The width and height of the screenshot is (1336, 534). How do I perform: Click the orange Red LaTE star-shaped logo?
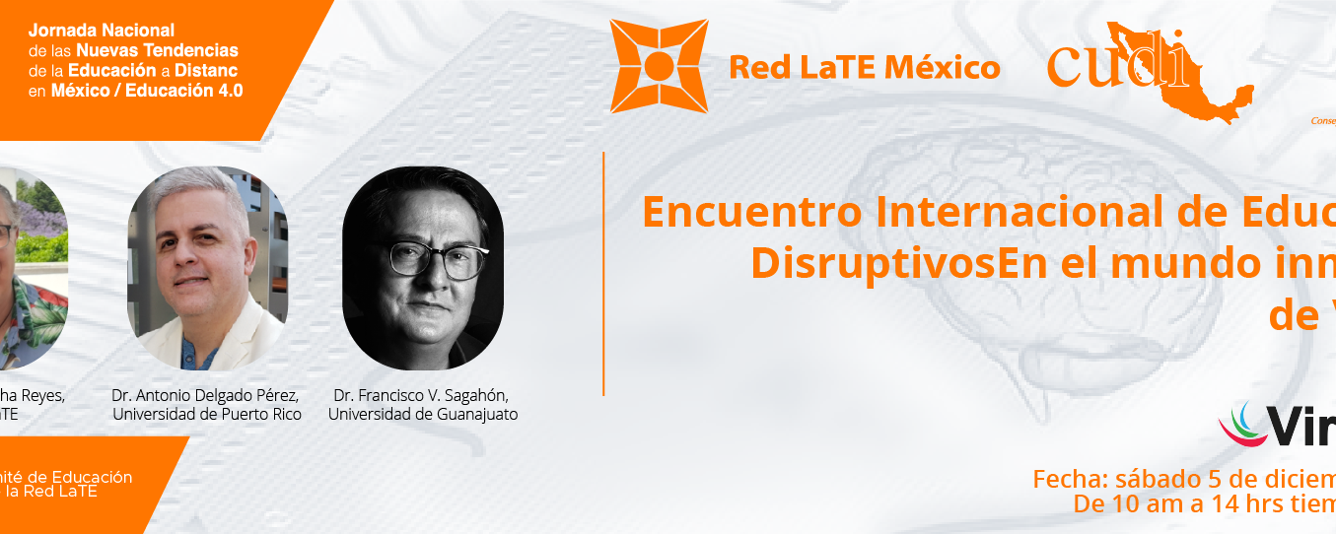(x=659, y=66)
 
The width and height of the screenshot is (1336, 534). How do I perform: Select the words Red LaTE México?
(x=864, y=67)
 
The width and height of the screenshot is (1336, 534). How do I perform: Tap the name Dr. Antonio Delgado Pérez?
(x=206, y=396)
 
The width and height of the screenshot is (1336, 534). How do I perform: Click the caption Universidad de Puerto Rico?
(x=207, y=415)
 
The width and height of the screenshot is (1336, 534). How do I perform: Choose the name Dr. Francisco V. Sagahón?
(x=423, y=396)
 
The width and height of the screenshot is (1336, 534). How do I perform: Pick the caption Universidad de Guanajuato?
(x=423, y=415)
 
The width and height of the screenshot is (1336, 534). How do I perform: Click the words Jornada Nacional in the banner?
(x=102, y=32)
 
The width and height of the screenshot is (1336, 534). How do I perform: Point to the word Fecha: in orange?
(x=1071, y=480)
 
